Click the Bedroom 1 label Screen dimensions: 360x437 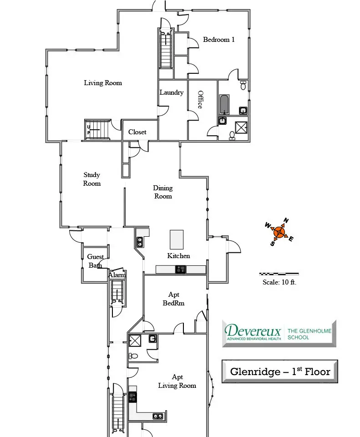[219, 40]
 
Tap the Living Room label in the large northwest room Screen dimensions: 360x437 [103, 83]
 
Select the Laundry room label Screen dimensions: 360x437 [172, 92]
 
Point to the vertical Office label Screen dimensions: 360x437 [200, 100]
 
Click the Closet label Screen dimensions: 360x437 [137, 132]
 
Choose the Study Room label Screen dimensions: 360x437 [91, 179]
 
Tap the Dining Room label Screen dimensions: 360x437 [163, 192]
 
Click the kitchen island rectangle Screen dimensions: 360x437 [177, 239]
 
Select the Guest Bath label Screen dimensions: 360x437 [95, 261]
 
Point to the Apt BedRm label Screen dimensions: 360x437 [173, 299]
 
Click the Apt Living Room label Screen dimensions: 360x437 [177, 381]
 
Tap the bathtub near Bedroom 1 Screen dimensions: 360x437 [224, 105]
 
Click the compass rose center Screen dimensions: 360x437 [279, 232]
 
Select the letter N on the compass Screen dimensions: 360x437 [286, 220]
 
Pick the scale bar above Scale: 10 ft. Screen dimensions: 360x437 [279, 274]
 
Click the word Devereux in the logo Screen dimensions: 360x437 [253, 330]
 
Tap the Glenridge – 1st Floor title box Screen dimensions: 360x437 [280, 371]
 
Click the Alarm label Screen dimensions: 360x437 [117, 275]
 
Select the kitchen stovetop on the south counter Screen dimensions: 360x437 [181, 269]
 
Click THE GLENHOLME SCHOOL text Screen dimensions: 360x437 [309, 334]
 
